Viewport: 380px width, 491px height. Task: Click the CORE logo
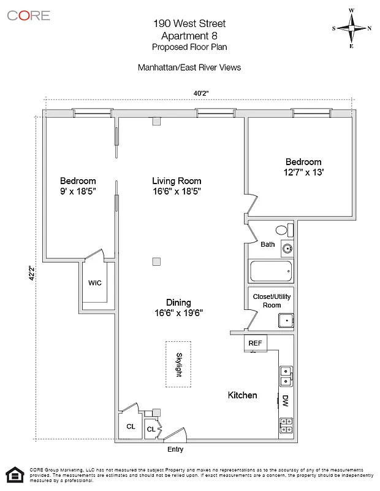pos(29,15)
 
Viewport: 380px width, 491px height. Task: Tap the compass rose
pos(352,28)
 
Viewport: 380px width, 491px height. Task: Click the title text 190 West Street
pos(189,24)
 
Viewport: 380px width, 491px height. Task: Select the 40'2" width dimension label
pos(202,93)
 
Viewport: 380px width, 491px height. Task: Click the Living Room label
pos(177,181)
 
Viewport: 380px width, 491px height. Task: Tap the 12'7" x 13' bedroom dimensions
pos(299,172)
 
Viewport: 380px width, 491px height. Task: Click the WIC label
pos(94,283)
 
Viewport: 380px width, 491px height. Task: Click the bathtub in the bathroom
pos(270,271)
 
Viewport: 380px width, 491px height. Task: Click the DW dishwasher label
pos(285,401)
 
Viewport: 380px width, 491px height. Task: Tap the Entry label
pos(175,449)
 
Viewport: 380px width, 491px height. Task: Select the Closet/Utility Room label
pos(271,301)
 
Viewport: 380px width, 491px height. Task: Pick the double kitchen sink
pos(286,376)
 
